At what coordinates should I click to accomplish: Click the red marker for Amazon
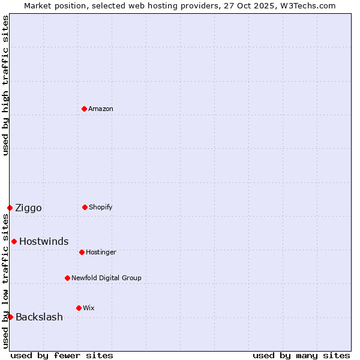tap(84, 109)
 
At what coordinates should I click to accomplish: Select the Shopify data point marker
tap(85, 207)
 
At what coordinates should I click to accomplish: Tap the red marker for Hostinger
tap(82, 252)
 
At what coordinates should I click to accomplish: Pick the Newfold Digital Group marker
tap(67, 278)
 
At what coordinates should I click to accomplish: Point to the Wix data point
tap(79, 308)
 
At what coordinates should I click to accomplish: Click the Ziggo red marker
tap(10, 208)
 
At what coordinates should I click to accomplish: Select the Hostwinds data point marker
tap(14, 241)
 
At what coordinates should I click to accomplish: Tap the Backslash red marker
tap(10, 317)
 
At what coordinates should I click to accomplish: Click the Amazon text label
tap(101, 109)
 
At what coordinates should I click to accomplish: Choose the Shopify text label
tap(101, 208)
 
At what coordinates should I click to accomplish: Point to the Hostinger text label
tap(101, 253)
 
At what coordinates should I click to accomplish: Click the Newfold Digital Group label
tap(106, 278)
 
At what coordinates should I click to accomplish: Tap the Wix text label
tap(89, 308)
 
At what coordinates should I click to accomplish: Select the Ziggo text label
tap(28, 208)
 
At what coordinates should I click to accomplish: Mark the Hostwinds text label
tap(44, 242)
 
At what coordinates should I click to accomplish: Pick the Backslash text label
tap(39, 317)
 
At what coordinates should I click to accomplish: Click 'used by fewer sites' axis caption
tap(62, 355)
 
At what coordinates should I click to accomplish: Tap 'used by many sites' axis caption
tap(301, 355)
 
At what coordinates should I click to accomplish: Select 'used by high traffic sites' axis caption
tap(5, 85)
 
